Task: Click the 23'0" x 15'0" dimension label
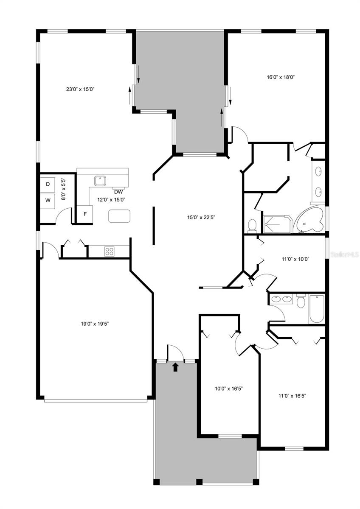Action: coord(80,89)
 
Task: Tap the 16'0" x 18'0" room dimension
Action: coord(281,77)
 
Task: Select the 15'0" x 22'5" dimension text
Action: coord(201,218)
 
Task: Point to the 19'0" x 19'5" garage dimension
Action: coord(95,324)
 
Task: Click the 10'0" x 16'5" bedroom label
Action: coord(229,389)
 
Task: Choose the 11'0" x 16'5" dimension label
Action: coord(292,396)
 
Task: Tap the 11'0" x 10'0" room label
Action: coord(295,259)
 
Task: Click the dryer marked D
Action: coord(48,184)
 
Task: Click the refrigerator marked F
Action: coord(85,214)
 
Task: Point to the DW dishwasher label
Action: coord(118,192)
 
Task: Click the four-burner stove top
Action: coord(110,251)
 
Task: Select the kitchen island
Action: coord(119,216)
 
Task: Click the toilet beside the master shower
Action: coord(252,226)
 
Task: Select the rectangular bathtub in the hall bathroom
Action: coord(317,309)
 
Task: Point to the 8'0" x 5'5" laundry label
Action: coord(64,190)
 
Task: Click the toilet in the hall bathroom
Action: coord(301,302)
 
